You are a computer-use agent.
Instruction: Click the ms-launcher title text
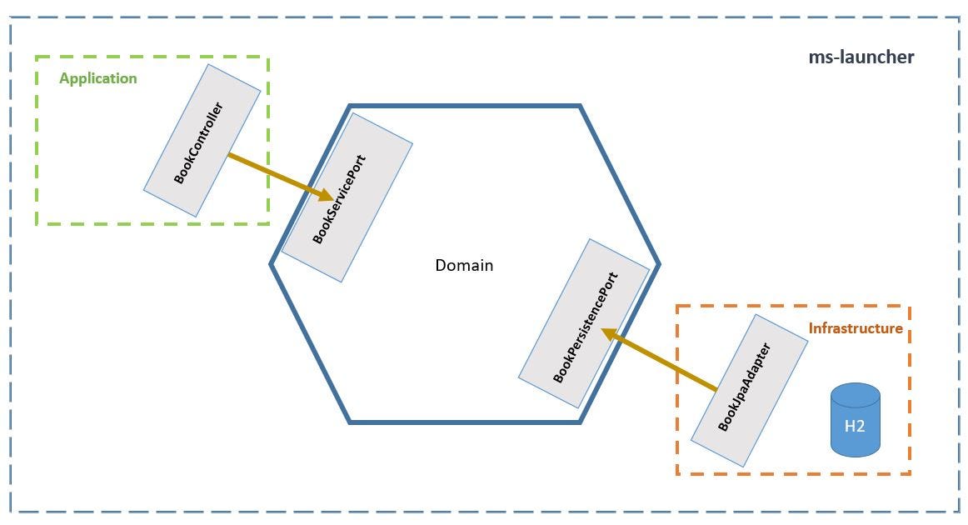[861, 57]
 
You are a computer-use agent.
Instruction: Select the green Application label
[97, 78]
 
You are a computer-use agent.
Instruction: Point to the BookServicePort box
[347, 197]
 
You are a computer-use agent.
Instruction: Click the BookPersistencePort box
[584, 323]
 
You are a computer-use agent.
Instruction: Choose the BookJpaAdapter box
[749, 390]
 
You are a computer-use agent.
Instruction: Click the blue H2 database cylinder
[855, 420]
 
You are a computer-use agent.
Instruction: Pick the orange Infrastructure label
[856, 328]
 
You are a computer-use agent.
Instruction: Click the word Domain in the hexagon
[464, 266]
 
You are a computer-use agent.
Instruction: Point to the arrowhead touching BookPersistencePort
[609, 334]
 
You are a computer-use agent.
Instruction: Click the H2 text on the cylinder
[855, 426]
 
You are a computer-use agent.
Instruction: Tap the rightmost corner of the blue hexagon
[659, 264]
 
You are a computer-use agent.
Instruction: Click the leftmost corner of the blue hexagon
[271, 264]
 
